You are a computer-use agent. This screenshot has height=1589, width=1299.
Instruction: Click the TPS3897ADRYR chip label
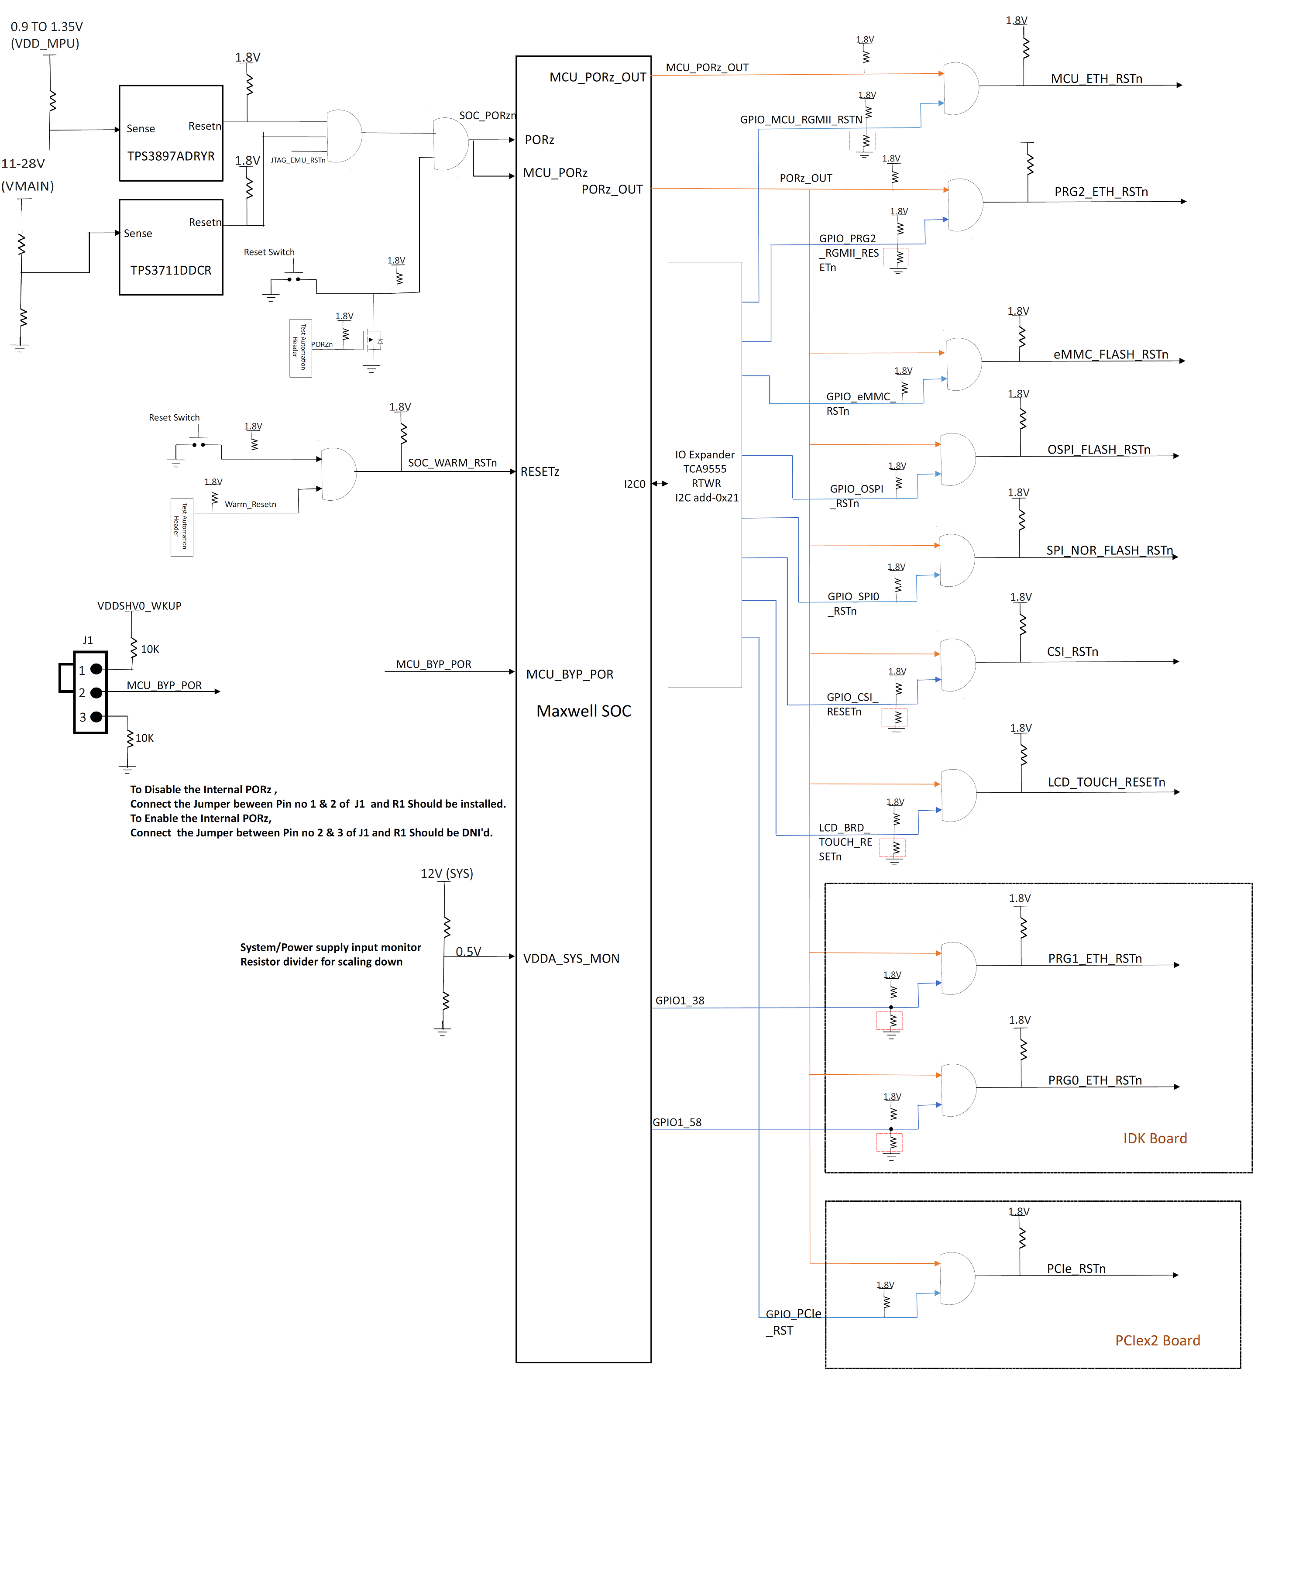pos(171,156)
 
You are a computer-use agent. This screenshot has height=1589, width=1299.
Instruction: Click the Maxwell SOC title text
pos(584,711)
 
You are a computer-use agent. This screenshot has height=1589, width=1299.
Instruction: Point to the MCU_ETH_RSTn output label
pos(1096,79)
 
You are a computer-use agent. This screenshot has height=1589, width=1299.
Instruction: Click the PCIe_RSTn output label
pos(1076,1269)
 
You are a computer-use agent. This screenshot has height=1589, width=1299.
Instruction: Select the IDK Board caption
pos(1155,1138)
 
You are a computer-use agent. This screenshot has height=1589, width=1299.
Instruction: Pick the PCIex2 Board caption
pos(1157,1341)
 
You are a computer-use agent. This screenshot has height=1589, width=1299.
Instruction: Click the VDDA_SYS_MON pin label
pos(571,958)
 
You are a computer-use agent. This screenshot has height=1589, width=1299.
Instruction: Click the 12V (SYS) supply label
pos(447,874)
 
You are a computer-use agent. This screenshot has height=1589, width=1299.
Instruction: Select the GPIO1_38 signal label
pos(680,1001)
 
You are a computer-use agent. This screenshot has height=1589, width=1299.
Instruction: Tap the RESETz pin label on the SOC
pos(540,471)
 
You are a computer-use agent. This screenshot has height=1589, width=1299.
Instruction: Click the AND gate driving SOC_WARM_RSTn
pos(337,474)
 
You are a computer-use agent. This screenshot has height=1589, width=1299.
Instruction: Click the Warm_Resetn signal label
pos(250,505)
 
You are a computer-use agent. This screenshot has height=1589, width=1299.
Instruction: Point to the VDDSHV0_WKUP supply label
pos(139,605)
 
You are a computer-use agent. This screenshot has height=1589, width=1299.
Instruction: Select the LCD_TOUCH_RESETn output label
pos(1106,782)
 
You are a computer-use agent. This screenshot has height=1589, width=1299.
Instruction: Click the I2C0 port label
pos(635,484)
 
